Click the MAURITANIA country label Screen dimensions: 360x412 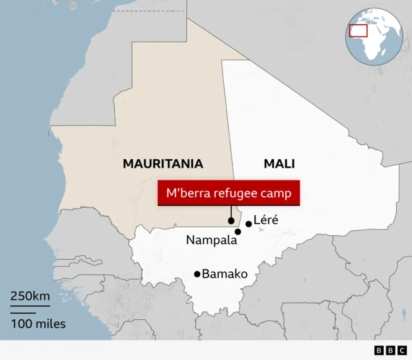[163, 164]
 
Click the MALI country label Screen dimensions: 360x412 [279, 164]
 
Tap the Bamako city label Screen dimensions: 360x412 [225, 274]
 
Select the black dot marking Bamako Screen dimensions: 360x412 [197, 274]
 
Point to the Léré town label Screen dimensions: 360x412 [266, 220]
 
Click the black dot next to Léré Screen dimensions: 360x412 [249, 224]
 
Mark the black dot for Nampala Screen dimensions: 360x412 [238, 232]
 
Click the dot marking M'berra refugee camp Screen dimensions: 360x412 [231, 220]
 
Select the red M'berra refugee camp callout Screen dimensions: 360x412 [229, 193]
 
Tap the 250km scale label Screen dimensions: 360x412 [30, 296]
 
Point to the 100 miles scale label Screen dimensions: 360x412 [38, 323]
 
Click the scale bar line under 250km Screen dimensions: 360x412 [30, 306]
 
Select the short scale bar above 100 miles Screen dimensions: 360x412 [23, 313]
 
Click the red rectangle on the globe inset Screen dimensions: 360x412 [358, 31]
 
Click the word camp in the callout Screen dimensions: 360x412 [276, 193]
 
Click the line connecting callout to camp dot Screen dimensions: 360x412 [231, 212]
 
